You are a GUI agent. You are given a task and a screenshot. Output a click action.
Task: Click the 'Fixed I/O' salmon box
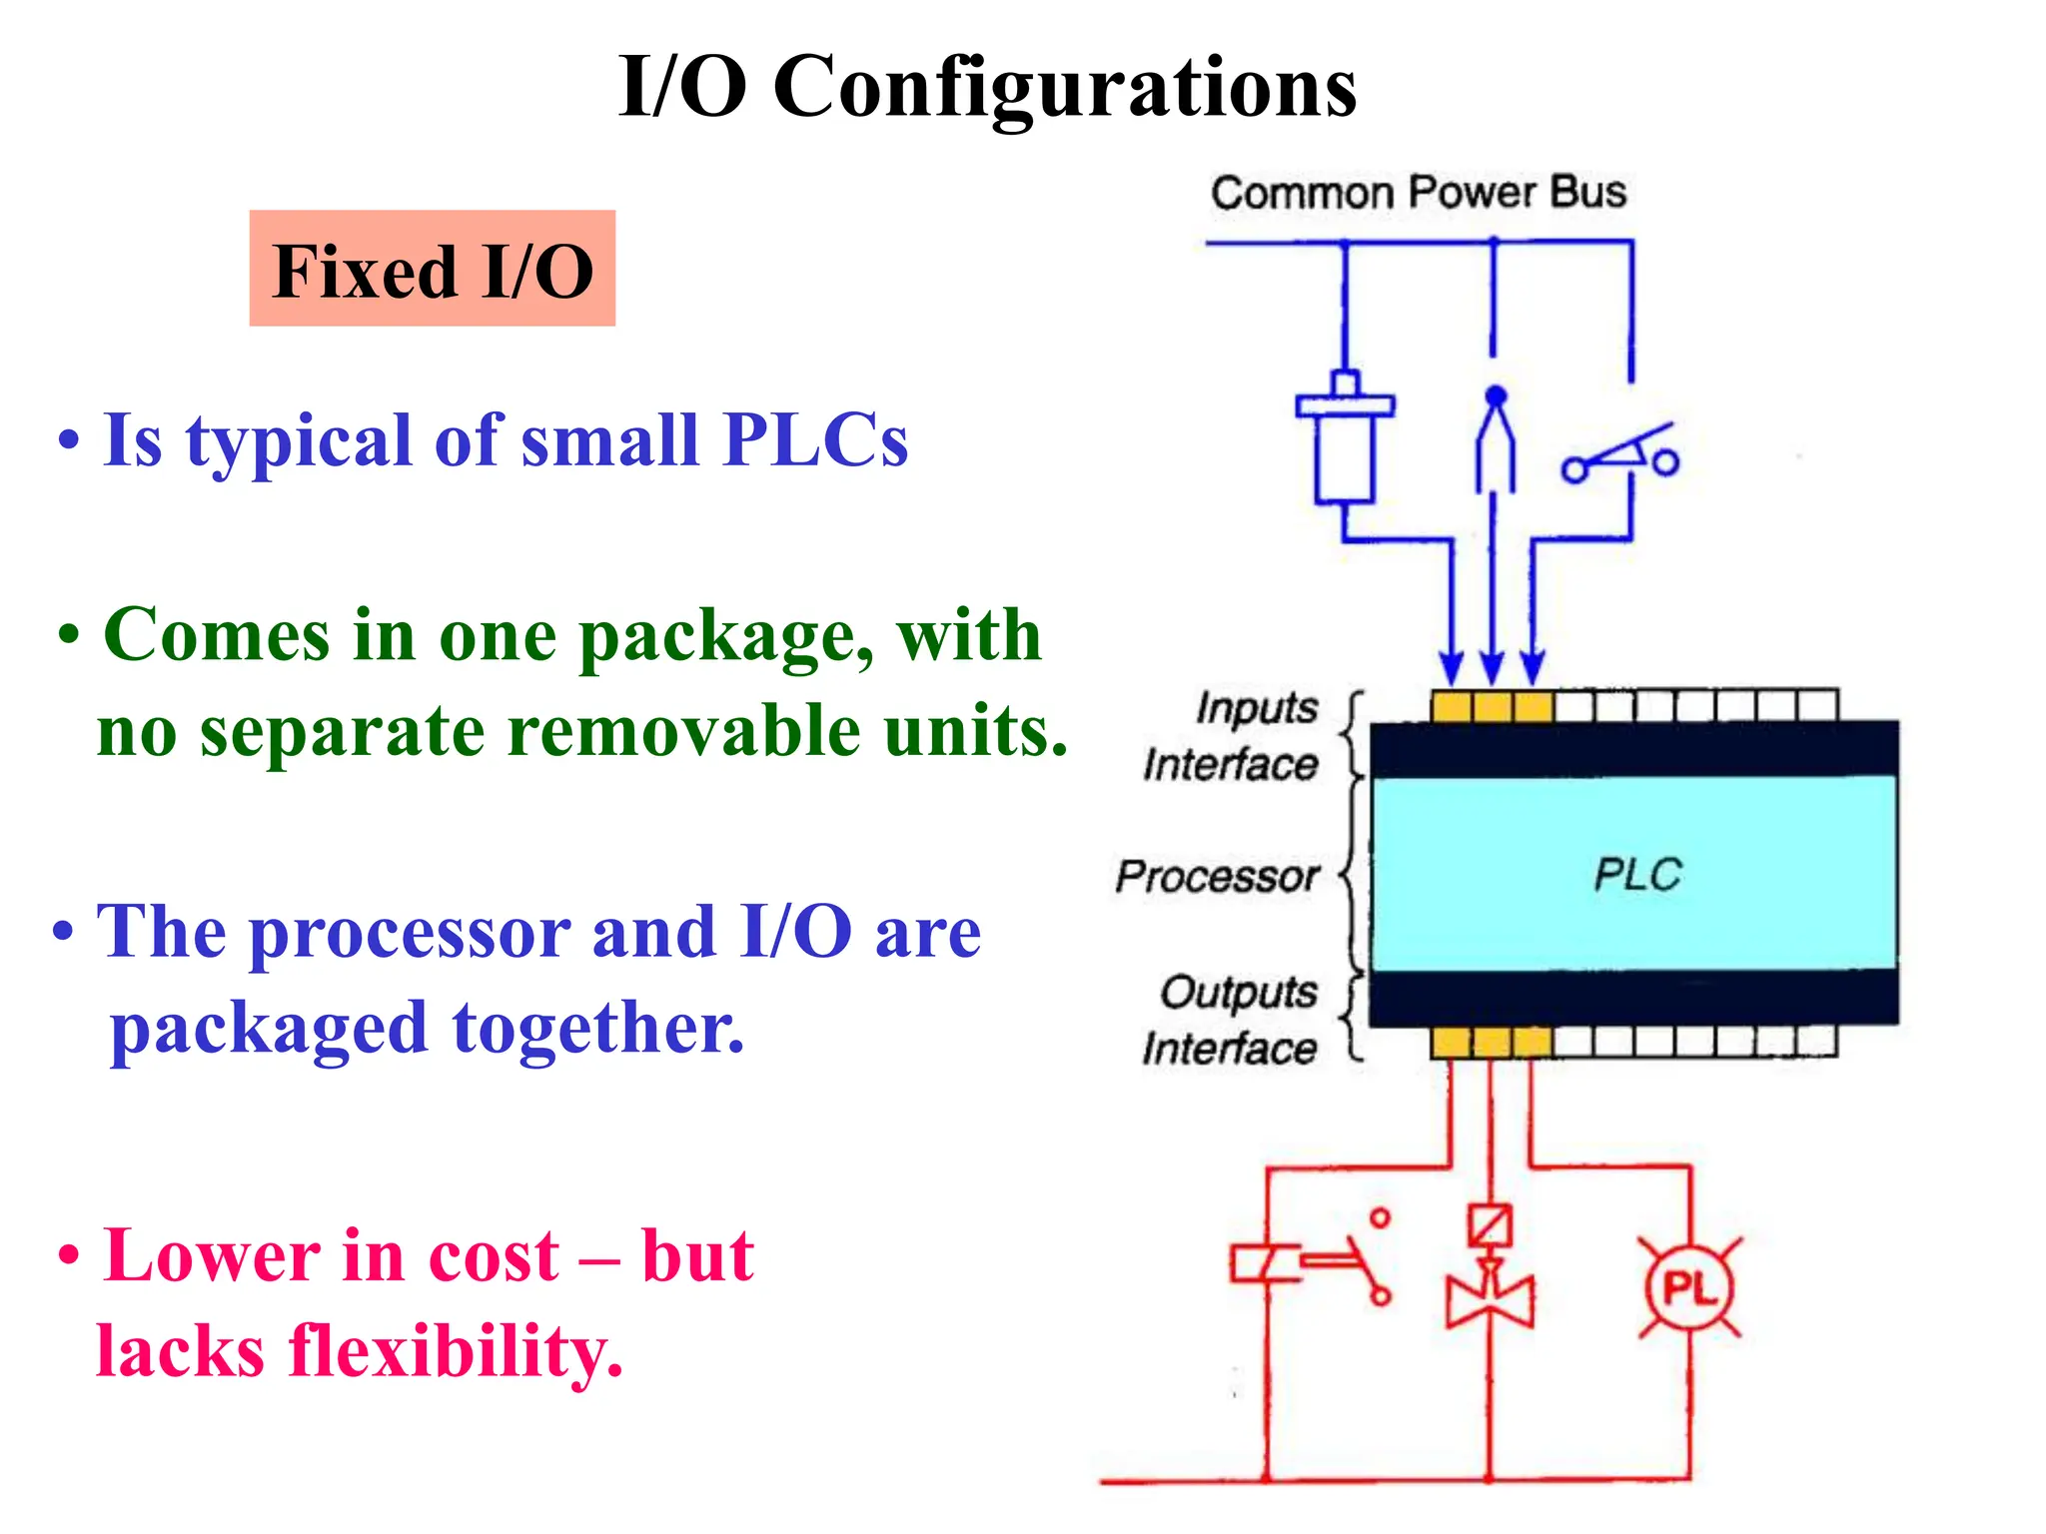[432, 269]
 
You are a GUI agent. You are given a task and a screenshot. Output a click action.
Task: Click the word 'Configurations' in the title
[1064, 87]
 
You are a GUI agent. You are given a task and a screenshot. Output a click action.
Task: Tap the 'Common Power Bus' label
[1418, 192]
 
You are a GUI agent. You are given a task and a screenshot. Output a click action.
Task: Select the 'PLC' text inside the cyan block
[1636, 875]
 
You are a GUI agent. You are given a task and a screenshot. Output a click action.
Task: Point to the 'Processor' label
[1217, 877]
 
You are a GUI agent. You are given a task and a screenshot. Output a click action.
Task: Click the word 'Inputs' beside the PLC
[1257, 707]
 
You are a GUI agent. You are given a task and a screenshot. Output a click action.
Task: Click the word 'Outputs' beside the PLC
[1238, 992]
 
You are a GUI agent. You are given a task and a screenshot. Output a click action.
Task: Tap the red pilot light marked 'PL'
[1689, 1288]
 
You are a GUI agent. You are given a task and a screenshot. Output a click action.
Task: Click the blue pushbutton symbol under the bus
[1345, 439]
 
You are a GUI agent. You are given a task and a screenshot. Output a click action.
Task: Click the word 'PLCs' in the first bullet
[815, 439]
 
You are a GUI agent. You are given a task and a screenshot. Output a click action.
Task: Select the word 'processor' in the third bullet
[409, 932]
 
